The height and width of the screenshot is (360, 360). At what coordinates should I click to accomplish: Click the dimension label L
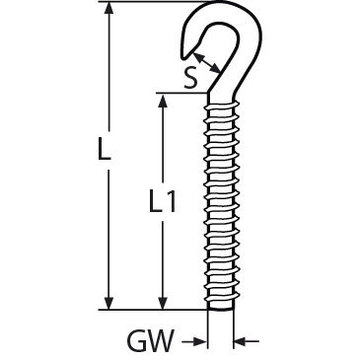tap(105, 149)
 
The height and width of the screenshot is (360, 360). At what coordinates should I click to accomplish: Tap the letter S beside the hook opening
tap(191, 79)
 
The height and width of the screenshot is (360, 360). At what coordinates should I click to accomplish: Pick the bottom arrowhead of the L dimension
tap(108, 303)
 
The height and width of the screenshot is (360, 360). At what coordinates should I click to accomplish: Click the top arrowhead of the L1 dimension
tap(162, 100)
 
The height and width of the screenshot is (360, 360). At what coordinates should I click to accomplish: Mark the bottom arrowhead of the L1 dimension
tap(162, 303)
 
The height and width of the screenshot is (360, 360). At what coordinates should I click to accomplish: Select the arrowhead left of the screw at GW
tap(200, 342)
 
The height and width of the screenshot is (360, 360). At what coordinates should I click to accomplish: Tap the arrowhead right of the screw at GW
tap(241, 342)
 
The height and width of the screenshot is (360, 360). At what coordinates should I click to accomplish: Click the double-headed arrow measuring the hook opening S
tap(206, 63)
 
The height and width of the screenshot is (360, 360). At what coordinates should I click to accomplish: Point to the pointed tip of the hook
tap(183, 58)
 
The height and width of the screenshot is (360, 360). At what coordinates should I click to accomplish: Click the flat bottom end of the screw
tap(221, 309)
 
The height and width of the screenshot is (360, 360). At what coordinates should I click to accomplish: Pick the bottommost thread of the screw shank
tap(221, 298)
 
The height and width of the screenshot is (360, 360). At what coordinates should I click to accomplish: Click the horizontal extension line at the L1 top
tap(181, 93)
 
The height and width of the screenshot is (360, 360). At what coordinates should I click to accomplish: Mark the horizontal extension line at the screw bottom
tap(153, 310)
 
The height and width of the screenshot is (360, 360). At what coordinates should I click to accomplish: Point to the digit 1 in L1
tap(170, 200)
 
